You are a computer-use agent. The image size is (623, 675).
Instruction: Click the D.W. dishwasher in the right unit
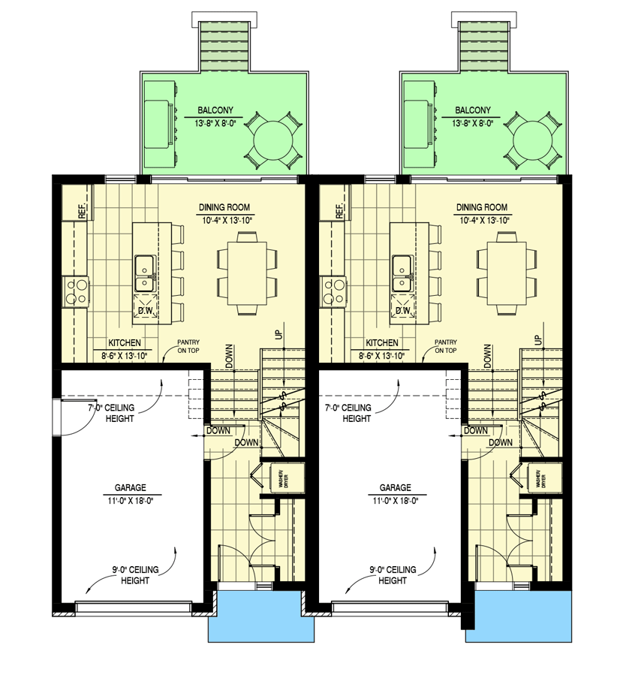click(402, 310)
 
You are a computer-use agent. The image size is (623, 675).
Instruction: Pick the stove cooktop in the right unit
click(332, 291)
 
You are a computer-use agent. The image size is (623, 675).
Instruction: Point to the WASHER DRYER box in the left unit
click(284, 479)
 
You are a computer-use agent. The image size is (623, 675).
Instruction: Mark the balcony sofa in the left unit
click(160, 123)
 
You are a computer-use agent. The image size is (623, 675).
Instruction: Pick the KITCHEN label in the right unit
click(381, 342)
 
